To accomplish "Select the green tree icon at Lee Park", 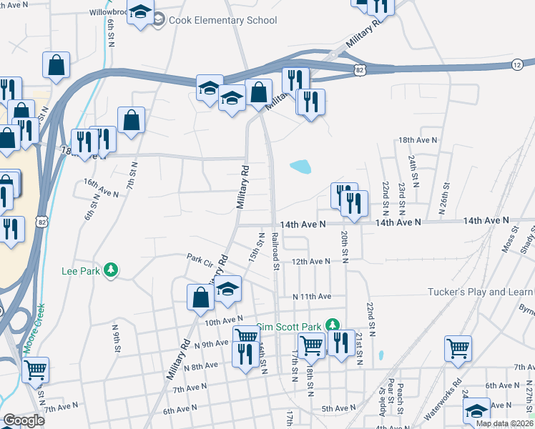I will coord(110,270).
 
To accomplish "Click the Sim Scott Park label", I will coord(289,326).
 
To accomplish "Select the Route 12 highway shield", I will coord(516,65).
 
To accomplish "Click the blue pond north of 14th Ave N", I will coord(300,167).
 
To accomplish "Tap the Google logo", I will coord(24,420).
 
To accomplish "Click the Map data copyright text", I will coord(504,423).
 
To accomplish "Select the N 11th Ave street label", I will coord(311,296).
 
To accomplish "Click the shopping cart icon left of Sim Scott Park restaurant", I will coord(312,345).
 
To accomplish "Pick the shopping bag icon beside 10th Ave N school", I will coord(200,296).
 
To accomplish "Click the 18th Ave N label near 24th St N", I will coord(416,140).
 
